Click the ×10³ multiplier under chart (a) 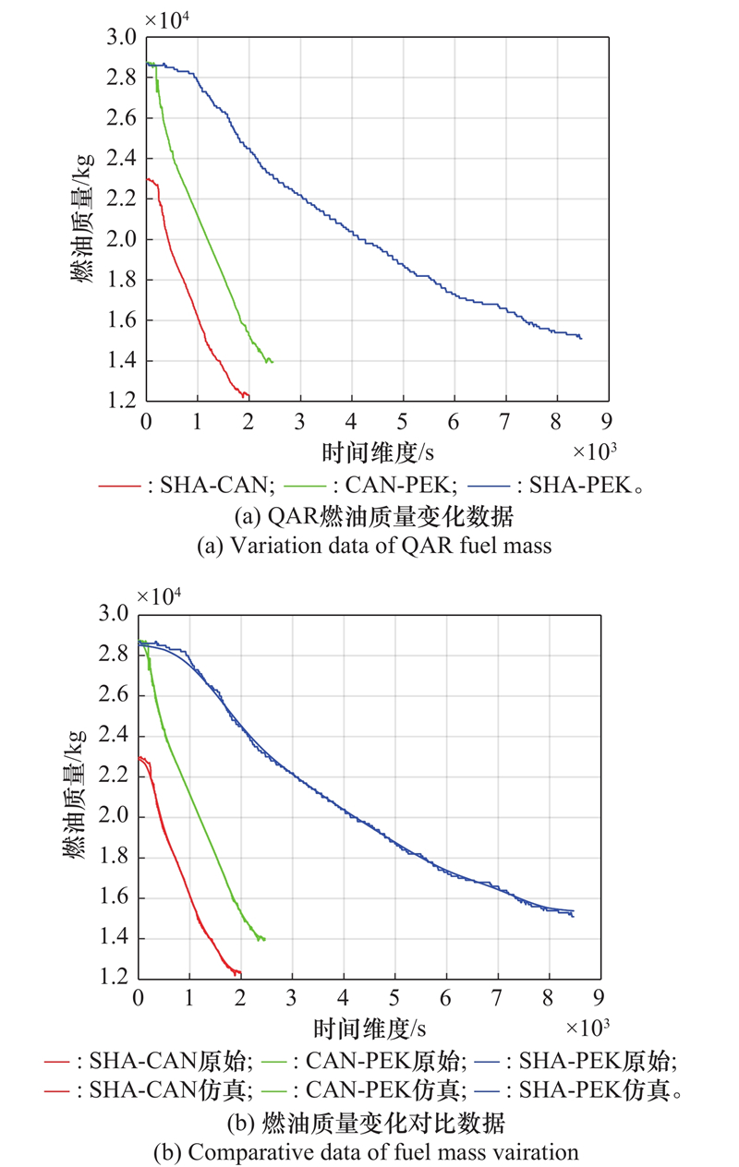point(593,451)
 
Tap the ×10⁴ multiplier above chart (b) point(160,596)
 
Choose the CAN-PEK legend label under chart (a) point(369,483)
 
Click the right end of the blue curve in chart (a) point(581,339)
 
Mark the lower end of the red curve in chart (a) point(248,397)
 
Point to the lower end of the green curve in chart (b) point(265,940)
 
